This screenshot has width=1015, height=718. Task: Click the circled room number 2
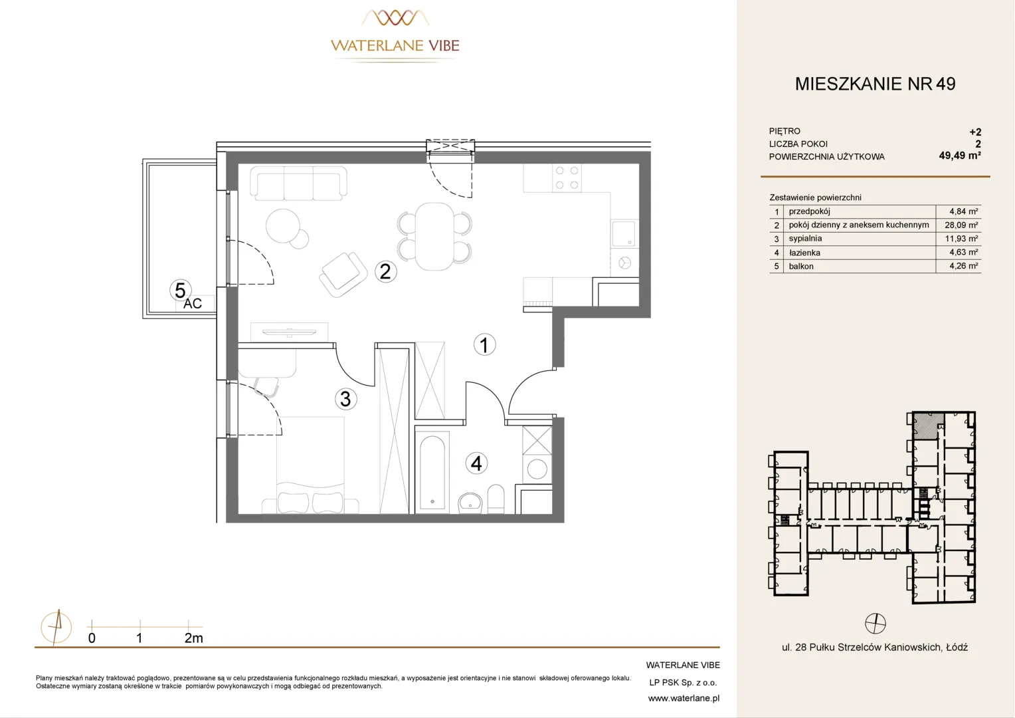(x=386, y=272)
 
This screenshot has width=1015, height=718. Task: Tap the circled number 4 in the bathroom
(x=476, y=463)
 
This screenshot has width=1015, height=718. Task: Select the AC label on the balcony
(x=193, y=303)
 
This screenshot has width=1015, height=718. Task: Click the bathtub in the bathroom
(x=432, y=473)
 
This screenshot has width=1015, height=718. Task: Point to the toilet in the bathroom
(x=496, y=499)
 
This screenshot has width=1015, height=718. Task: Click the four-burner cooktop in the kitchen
(x=567, y=178)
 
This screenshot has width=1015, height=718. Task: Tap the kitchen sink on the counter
(x=624, y=233)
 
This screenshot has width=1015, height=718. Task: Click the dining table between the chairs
(x=434, y=236)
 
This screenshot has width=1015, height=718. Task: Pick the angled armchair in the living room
(x=343, y=274)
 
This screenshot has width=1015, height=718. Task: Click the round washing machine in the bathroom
(x=537, y=469)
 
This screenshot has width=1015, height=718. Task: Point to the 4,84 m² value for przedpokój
(x=964, y=211)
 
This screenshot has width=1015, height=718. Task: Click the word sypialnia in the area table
(x=805, y=239)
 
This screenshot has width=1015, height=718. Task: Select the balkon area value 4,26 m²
(x=964, y=266)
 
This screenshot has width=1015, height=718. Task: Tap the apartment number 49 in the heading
(x=946, y=84)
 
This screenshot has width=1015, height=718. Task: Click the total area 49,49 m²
(x=960, y=156)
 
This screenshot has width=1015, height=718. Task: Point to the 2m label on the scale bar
(x=193, y=638)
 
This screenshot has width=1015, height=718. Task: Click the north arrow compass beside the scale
(x=56, y=628)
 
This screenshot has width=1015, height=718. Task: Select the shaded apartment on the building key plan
(x=927, y=426)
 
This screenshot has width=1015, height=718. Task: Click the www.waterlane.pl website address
(x=684, y=699)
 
